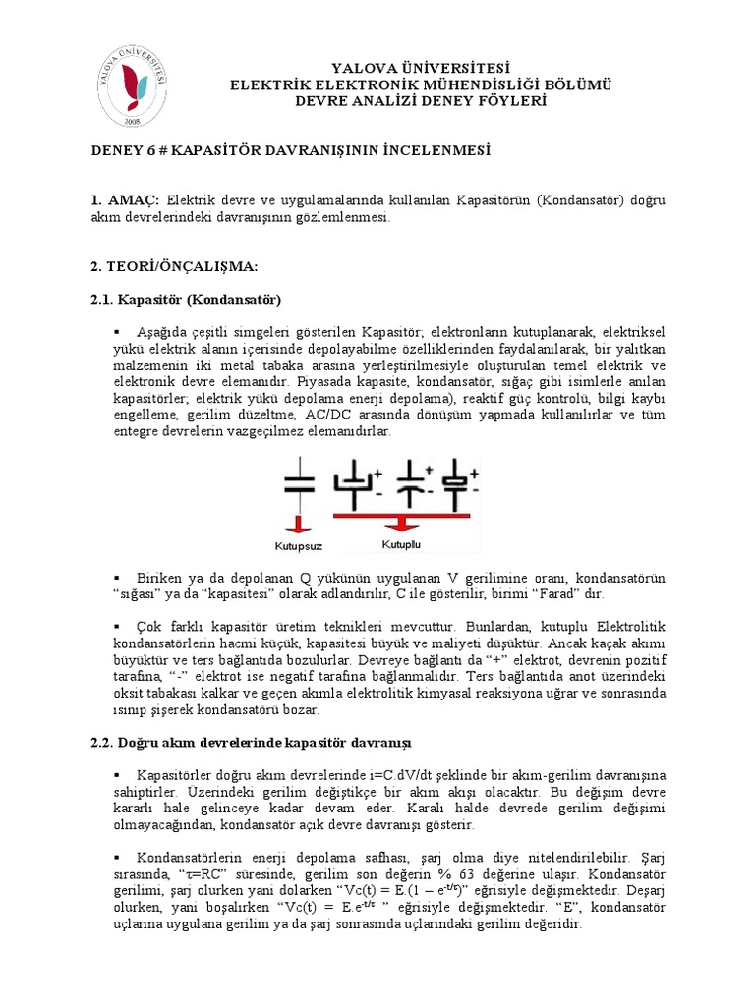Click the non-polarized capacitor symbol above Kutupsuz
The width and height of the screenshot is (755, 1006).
(299, 481)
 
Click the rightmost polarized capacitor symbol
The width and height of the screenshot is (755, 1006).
(459, 478)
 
